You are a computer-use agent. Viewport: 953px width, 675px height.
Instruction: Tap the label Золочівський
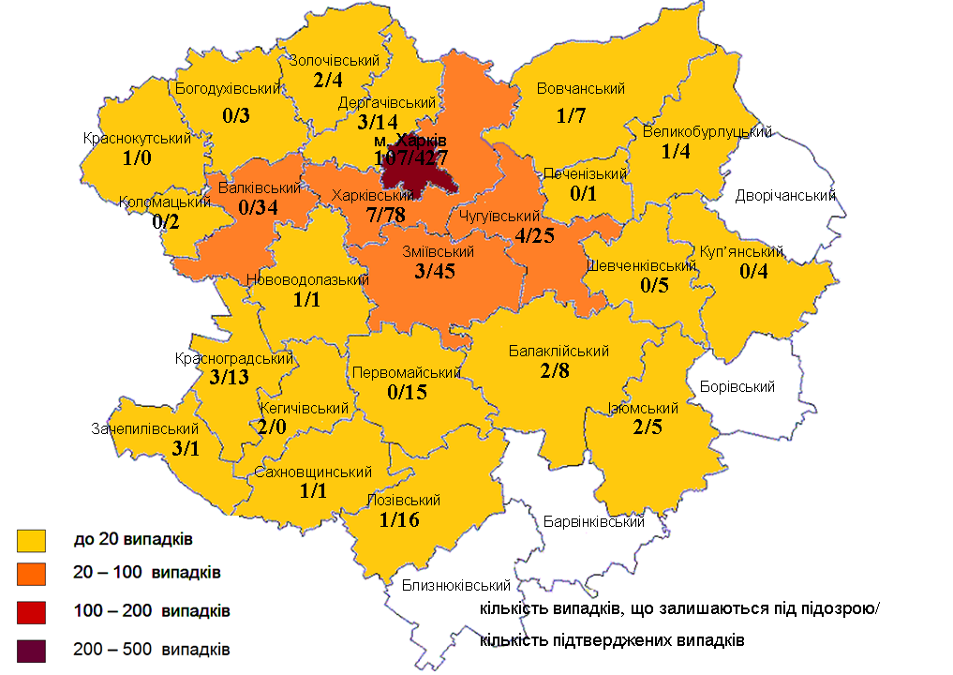tap(333, 60)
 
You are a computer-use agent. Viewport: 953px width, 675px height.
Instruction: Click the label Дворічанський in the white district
tap(785, 196)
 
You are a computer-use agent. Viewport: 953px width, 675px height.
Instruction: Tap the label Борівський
tap(737, 386)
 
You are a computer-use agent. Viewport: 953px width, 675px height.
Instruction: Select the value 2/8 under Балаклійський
tap(555, 370)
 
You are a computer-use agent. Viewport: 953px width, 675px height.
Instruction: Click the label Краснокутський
tap(137, 139)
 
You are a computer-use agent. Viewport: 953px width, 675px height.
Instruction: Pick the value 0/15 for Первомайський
tap(407, 392)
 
